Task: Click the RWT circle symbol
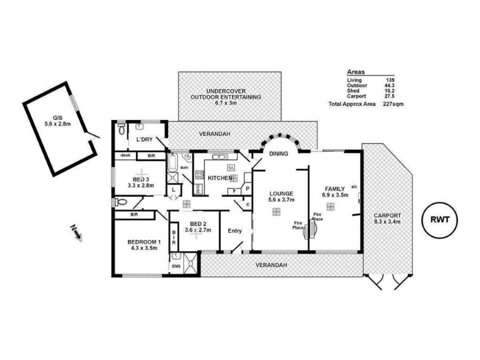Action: click(x=440, y=220)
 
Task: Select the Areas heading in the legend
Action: click(x=356, y=72)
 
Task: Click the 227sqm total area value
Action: click(x=393, y=104)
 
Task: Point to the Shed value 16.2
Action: click(x=389, y=91)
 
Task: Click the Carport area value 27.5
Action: click(x=389, y=96)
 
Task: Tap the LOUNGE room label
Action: click(x=281, y=194)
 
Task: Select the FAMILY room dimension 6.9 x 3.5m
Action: click(x=335, y=195)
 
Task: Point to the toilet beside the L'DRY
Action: click(x=121, y=129)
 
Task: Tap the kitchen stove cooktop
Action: click(x=199, y=175)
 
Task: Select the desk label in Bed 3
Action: click(x=125, y=155)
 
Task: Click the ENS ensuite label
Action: click(x=176, y=266)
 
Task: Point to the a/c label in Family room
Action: click(x=354, y=187)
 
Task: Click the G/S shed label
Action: click(x=57, y=118)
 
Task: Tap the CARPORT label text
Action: click(x=387, y=216)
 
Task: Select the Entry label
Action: click(x=235, y=231)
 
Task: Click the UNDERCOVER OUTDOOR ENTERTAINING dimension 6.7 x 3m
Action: click(x=226, y=103)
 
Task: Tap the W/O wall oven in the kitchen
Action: click(x=197, y=189)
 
